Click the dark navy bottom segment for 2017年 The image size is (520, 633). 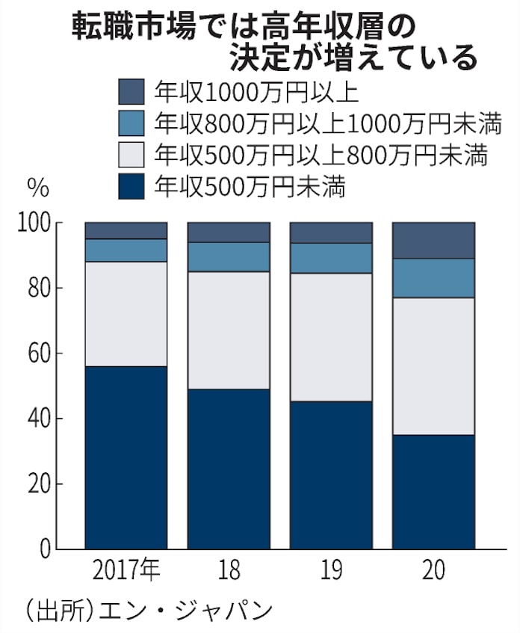click(126, 457)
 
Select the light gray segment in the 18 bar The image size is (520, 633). click(228, 330)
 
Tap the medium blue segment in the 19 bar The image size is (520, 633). click(331, 258)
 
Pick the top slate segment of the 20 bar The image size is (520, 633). click(433, 240)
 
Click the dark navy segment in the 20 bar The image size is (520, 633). click(433, 492)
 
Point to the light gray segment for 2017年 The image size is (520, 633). click(126, 313)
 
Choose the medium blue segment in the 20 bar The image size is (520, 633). click(433, 278)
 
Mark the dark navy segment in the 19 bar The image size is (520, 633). click(331, 475)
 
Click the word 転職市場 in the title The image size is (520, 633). click(127, 28)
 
